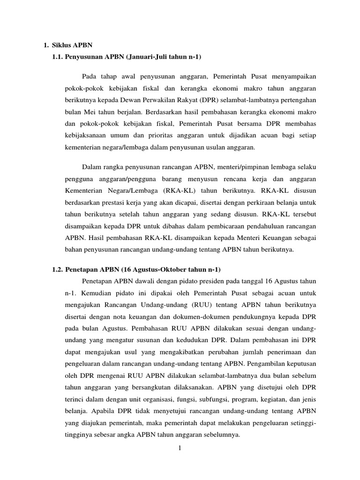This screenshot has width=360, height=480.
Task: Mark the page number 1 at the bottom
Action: pos(180,449)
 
